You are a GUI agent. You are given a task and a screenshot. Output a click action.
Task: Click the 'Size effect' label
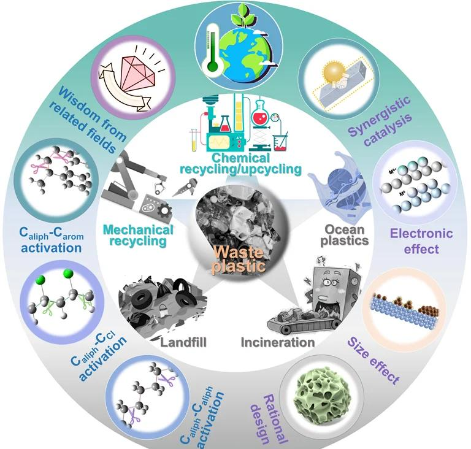(375, 358)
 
